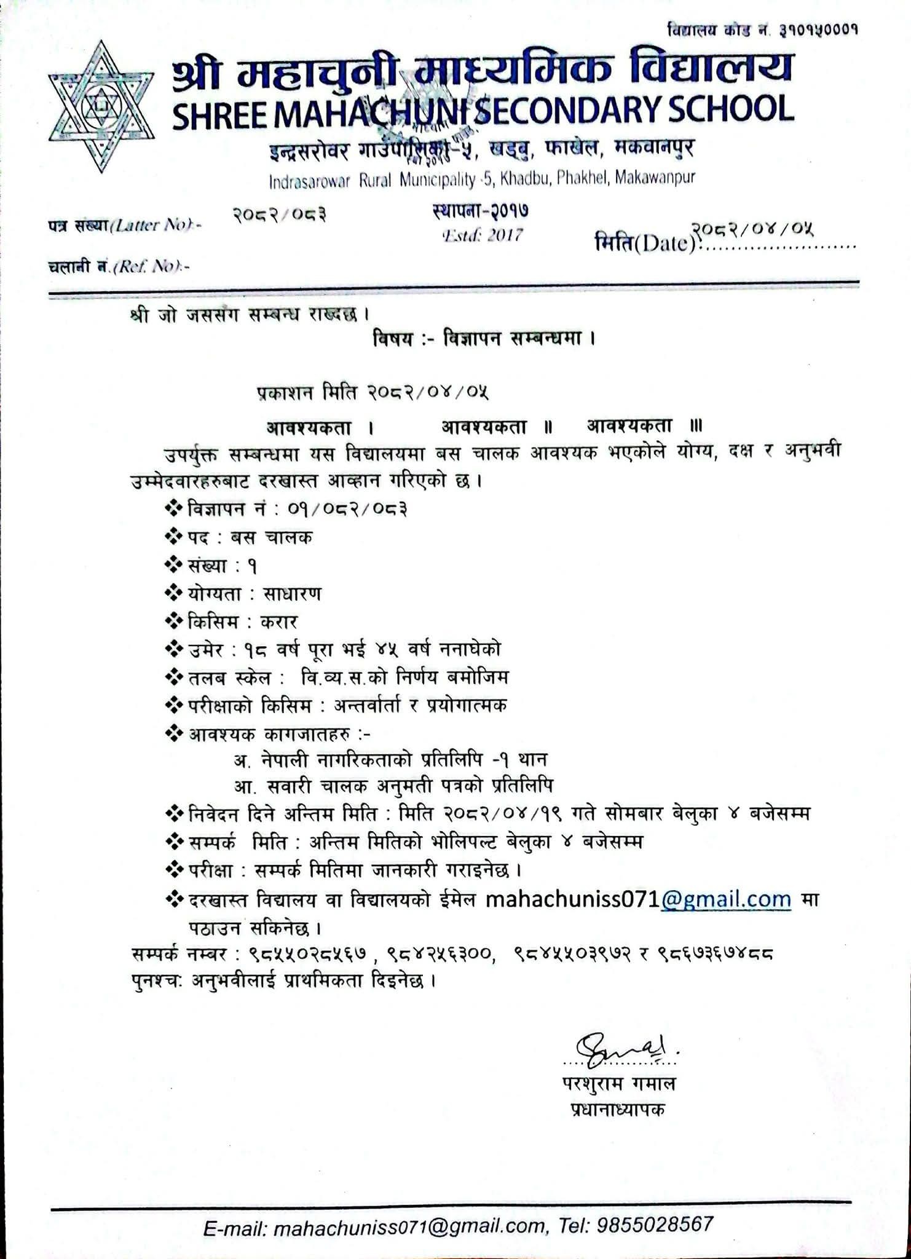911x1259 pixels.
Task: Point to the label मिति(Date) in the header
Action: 646,244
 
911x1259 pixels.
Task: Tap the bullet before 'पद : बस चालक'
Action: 173,537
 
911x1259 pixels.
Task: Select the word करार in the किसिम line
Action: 280,622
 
